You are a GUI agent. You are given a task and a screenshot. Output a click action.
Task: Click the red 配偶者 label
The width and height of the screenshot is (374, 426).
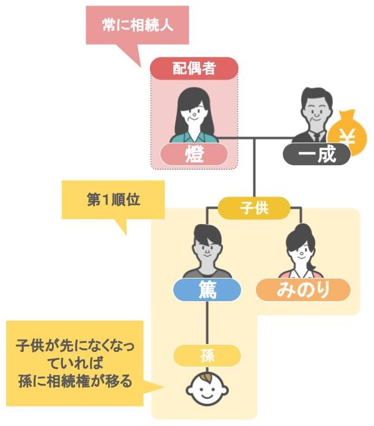(x=194, y=68)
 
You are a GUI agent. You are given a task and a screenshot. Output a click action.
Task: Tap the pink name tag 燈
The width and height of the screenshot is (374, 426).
(x=194, y=154)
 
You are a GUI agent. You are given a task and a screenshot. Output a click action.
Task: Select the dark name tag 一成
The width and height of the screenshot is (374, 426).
(x=316, y=154)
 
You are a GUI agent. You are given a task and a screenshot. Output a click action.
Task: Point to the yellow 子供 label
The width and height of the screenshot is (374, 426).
(x=254, y=208)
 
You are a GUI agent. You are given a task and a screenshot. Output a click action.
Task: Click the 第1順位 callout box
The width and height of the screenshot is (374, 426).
(x=113, y=200)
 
